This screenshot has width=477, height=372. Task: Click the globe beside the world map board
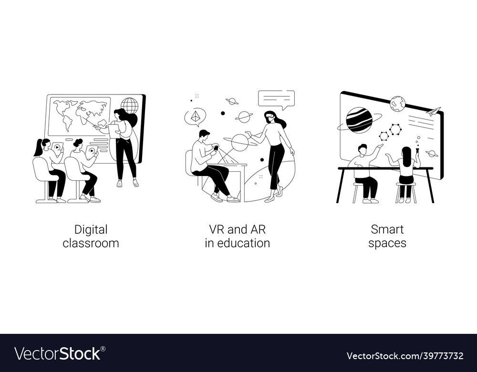129,105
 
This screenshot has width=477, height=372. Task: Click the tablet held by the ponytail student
57,147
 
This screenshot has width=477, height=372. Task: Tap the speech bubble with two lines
276,99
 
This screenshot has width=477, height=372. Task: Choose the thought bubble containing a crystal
195,117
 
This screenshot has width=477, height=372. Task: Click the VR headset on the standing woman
270,116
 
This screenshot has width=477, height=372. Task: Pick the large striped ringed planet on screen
359,120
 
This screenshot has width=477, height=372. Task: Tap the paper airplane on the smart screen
433,112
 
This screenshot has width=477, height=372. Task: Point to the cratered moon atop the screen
397,103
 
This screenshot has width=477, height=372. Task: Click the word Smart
387,229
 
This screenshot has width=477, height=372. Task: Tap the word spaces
387,243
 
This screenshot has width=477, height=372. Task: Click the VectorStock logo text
58,354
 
